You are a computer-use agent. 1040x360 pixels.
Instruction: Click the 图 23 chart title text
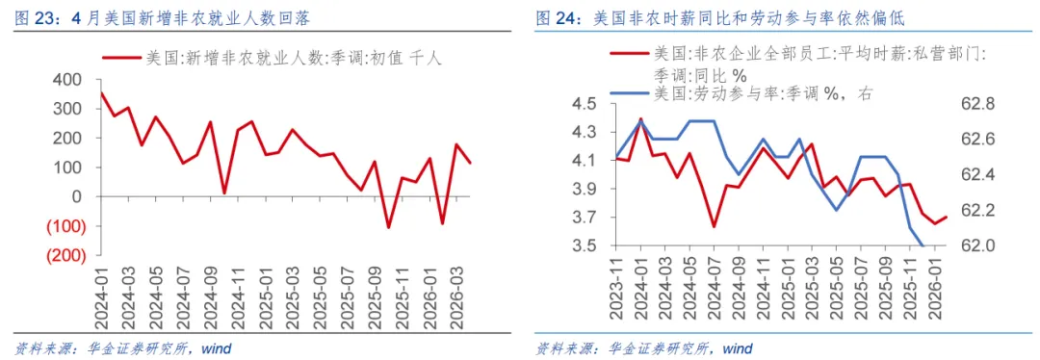click(x=163, y=19)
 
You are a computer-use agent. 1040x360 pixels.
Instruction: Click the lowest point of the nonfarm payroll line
click(x=389, y=228)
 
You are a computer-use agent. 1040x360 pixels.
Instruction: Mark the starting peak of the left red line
click(x=101, y=92)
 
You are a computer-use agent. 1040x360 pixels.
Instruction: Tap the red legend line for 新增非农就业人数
click(x=121, y=59)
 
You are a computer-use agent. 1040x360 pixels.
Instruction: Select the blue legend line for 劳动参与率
click(x=630, y=93)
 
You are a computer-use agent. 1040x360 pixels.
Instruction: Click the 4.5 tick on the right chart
click(x=587, y=104)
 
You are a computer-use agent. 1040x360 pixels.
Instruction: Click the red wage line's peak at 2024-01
click(x=641, y=118)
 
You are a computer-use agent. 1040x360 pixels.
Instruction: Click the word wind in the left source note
click(x=216, y=348)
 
